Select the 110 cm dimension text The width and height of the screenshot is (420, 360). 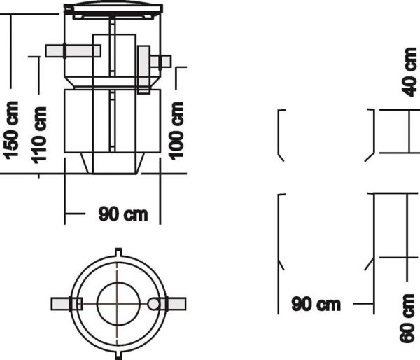point(41,133)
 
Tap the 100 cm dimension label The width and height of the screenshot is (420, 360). point(178,130)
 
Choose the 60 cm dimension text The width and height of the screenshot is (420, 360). point(409,318)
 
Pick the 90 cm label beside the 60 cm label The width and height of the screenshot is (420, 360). point(316,304)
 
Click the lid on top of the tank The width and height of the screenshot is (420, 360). point(112,9)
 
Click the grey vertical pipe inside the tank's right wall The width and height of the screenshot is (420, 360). point(143,70)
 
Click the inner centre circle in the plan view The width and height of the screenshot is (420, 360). point(117,303)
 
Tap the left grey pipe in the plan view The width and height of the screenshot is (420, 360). point(66,303)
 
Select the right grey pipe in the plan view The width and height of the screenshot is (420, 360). point(171,303)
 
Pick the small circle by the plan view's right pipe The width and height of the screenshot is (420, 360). point(155,303)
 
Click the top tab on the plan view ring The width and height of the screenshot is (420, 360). point(118,252)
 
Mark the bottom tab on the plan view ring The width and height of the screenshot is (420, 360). point(118,354)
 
